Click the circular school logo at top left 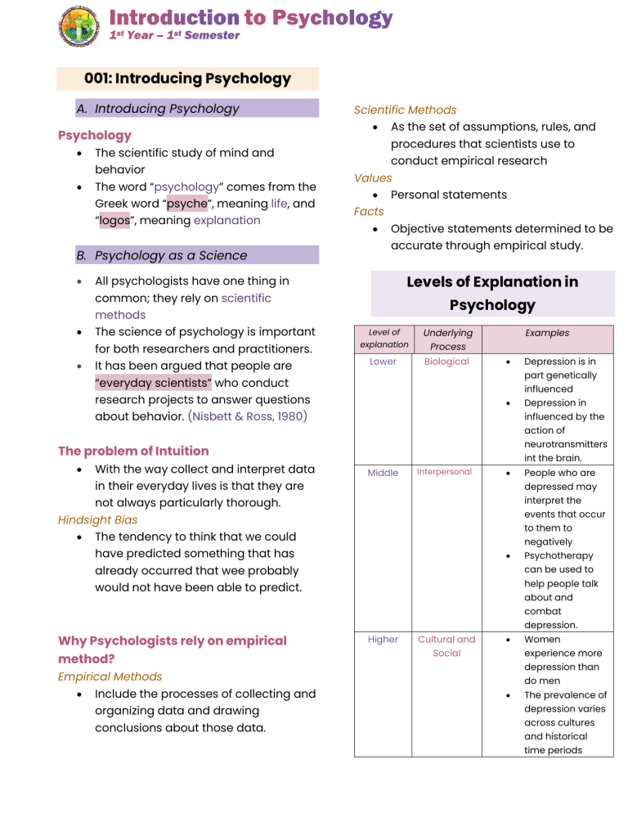tap(80, 26)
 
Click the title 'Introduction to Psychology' tap(251, 17)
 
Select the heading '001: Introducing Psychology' tap(187, 79)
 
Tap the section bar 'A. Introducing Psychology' tap(167, 109)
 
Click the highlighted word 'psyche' tap(185, 204)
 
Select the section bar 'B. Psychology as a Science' tap(161, 255)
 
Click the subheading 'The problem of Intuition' tap(133, 451)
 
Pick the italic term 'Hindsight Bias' tap(97, 519)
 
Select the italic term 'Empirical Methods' tap(110, 676)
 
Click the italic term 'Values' tap(373, 177)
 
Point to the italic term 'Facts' tap(369, 211)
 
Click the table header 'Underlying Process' tap(447, 339)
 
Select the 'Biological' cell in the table tap(447, 362)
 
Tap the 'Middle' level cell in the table tap(383, 473)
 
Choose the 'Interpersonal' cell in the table tap(447, 472)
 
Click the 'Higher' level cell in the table tap(383, 640)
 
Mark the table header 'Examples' tap(547, 333)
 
